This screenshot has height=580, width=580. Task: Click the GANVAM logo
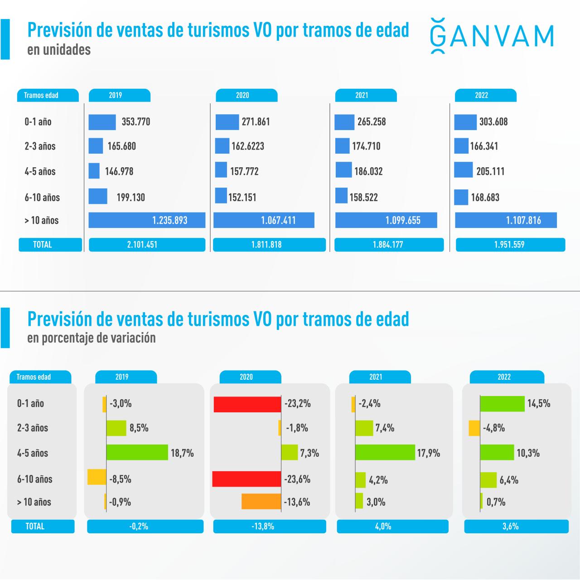[x=492, y=36]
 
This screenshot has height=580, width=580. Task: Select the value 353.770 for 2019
[x=135, y=122]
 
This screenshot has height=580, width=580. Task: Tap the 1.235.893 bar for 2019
[x=147, y=220]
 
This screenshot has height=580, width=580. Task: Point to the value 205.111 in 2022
[x=490, y=171]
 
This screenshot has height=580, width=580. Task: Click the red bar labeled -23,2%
[x=247, y=404]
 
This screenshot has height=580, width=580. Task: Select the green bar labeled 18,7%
[x=137, y=453]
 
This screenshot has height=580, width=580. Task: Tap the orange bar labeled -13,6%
[x=261, y=502]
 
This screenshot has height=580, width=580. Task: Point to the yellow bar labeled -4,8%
[x=474, y=428]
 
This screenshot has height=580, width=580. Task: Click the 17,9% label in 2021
[x=428, y=453]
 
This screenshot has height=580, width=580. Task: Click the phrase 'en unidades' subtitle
[x=59, y=49]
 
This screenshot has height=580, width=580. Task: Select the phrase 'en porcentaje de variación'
[x=91, y=338]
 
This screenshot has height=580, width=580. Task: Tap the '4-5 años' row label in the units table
[x=40, y=172]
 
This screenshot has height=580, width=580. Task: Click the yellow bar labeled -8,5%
[x=97, y=477]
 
